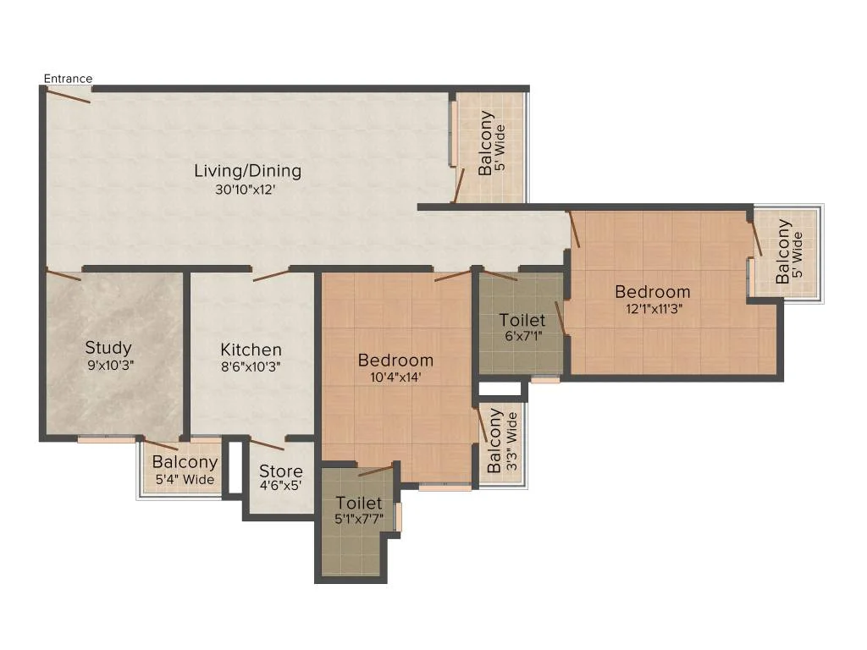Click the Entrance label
(x=68, y=79)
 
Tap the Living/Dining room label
(x=248, y=171)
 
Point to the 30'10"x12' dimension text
(x=246, y=190)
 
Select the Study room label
(x=108, y=348)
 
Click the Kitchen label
(x=251, y=350)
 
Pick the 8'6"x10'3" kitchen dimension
(x=251, y=367)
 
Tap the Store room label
(x=281, y=471)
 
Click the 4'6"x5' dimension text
(x=281, y=486)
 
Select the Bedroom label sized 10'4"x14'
(x=396, y=361)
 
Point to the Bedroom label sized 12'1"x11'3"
(x=653, y=292)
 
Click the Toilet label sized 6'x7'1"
(x=522, y=320)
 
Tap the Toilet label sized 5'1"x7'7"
(x=359, y=503)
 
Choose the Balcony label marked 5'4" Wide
(x=185, y=461)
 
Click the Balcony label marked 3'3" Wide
(x=494, y=441)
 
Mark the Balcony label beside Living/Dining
(x=485, y=143)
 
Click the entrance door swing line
(x=68, y=96)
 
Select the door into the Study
(x=64, y=275)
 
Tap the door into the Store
(x=268, y=443)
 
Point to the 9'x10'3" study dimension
(x=111, y=366)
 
